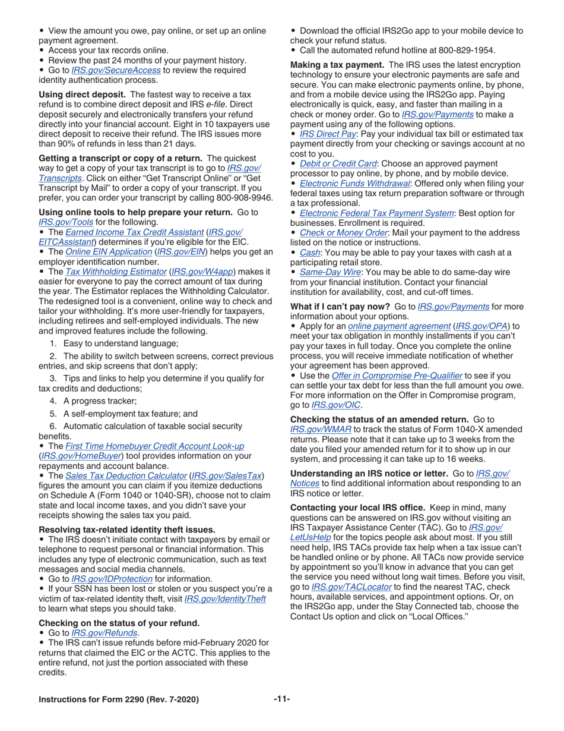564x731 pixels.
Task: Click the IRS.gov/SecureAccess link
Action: tap(116, 70)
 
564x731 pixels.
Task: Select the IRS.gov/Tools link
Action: tap(59, 222)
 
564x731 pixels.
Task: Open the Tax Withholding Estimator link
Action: tap(116, 272)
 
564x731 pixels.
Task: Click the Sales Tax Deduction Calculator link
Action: tap(126, 476)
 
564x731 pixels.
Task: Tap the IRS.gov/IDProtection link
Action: tap(112, 579)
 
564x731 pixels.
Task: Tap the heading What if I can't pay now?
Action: tap(340, 307)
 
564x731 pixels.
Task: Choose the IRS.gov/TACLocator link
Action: tap(351, 587)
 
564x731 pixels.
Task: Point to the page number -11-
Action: tap(281, 699)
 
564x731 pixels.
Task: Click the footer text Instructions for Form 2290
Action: tap(119, 700)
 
